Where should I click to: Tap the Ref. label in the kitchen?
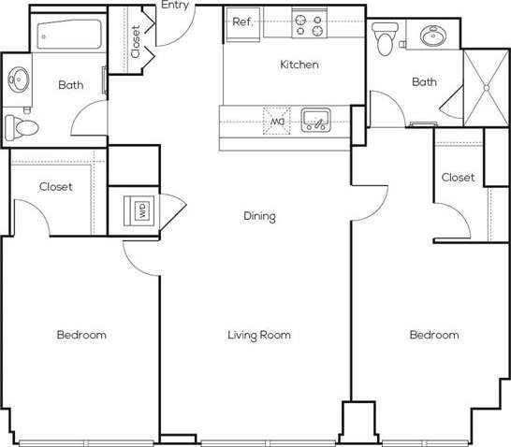[241, 22]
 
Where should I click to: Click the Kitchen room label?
[299, 65]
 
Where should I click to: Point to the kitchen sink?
[315, 120]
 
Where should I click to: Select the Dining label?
[259, 216]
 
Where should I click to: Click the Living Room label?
[259, 334]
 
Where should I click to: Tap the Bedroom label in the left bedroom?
[80, 334]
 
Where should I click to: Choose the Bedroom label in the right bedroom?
[434, 334]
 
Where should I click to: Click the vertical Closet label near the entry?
[136, 41]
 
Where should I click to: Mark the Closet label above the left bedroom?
[56, 186]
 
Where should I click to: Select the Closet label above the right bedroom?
[458, 177]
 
